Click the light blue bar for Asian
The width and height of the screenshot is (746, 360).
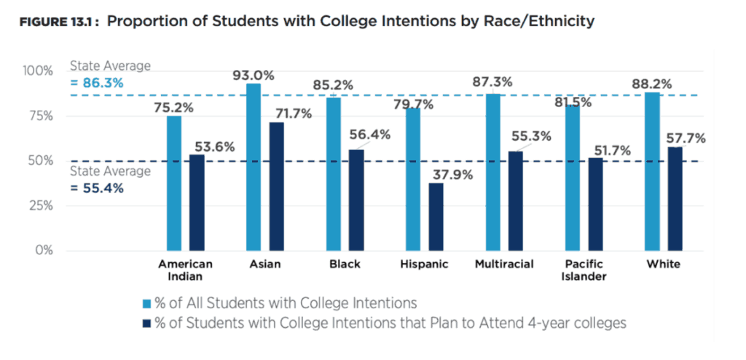click(254, 167)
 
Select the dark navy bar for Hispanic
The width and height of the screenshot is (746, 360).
click(436, 216)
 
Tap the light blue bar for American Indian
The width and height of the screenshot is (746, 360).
click(174, 183)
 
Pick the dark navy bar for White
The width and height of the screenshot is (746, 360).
click(675, 198)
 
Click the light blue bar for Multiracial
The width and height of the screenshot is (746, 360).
click(492, 172)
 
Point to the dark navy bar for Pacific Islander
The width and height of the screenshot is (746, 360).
click(595, 204)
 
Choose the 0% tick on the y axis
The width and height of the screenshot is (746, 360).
click(43, 251)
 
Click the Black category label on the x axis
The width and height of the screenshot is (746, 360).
click(345, 264)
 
